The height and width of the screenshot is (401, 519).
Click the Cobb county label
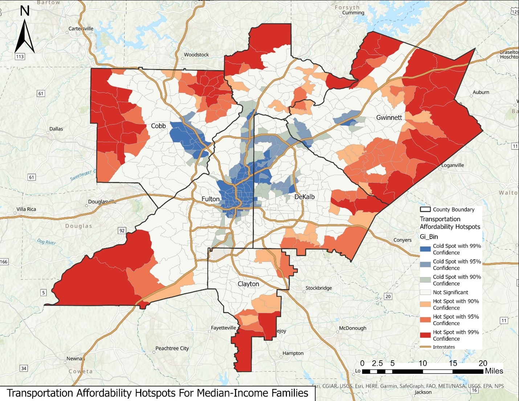click(x=158, y=126)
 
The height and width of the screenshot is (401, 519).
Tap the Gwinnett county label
click(x=389, y=118)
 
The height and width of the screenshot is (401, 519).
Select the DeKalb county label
click(x=304, y=197)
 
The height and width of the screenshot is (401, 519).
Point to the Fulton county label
click(x=211, y=199)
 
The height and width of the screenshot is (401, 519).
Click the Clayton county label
click(x=248, y=284)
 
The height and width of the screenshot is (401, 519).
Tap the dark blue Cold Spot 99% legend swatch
click(x=425, y=249)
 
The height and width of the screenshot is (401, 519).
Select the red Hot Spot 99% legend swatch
click(x=425, y=335)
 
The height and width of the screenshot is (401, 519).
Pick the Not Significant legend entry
click(x=450, y=292)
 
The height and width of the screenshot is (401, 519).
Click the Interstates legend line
click(x=425, y=347)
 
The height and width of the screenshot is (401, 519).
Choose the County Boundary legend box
click(x=425, y=209)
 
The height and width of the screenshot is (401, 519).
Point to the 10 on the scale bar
click(x=422, y=363)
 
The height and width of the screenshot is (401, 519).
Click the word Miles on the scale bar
click(x=494, y=371)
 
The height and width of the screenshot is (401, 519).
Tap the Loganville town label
click(x=453, y=165)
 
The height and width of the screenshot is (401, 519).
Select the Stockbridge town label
click(x=319, y=288)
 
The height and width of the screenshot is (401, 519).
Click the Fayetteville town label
click(x=223, y=328)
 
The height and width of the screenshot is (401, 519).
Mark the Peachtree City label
click(x=172, y=348)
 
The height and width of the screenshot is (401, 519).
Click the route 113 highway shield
click(x=20, y=57)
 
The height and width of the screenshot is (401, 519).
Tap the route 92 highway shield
click(x=122, y=230)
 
